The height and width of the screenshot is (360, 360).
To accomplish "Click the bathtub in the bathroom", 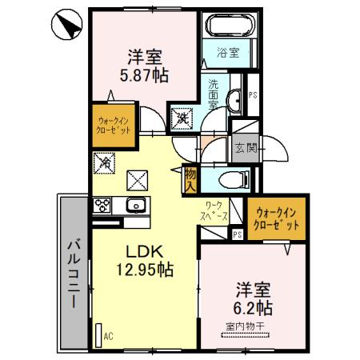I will [x=227, y=26].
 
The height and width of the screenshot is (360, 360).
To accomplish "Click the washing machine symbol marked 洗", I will [x=182, y=118].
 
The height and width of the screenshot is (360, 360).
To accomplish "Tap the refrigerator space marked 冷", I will [x=106, y=162].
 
